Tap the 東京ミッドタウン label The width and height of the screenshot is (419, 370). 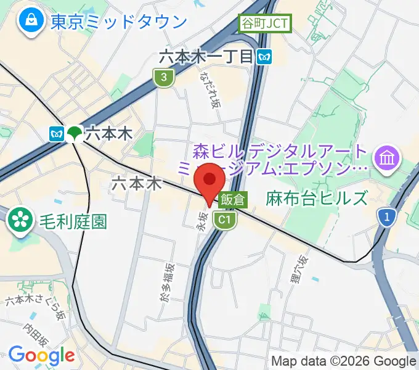(x=119, y=22)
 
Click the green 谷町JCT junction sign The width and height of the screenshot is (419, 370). (x=264, y=24)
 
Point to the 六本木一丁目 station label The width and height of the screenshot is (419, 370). (x=206, y=57)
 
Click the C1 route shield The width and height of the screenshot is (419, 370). (x=224, y=220)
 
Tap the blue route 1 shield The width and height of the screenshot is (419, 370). (x=387, y=216)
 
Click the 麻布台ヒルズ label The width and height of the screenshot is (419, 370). (x=317, y=199)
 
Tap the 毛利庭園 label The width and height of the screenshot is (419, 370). (x=72, y=221)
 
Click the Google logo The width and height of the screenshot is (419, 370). (x=41, y=355)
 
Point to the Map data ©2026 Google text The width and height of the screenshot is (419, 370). (x=344, y=361)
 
